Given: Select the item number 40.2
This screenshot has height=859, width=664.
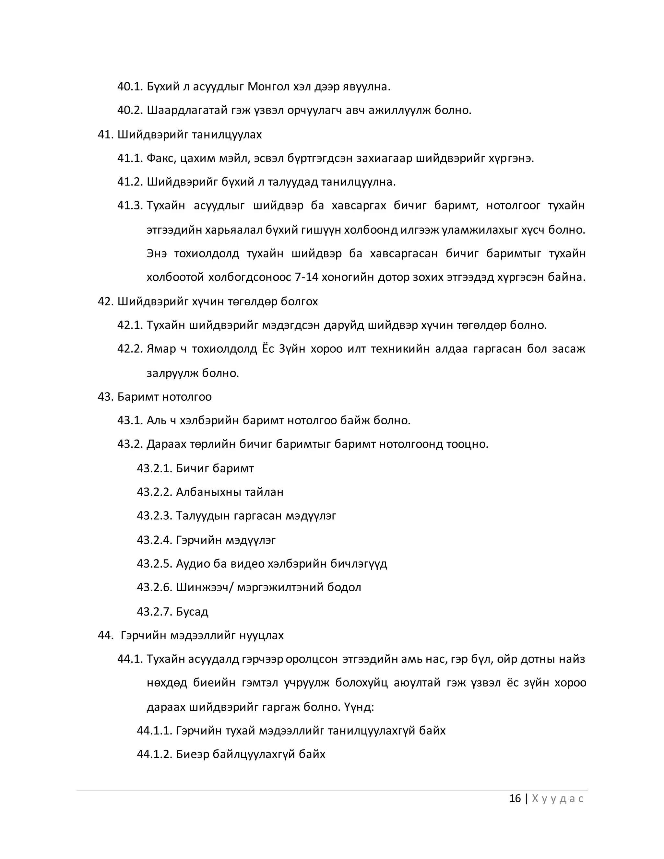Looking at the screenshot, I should [130, 111].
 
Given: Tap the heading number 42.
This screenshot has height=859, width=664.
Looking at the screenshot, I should [105, 302].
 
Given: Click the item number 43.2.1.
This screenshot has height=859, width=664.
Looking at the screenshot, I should [155, 468].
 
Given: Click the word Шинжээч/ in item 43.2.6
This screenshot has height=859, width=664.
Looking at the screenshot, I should [205, 588].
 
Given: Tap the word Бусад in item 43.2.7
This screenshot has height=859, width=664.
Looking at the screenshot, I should [192, 612].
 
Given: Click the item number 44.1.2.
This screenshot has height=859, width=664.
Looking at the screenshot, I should [155, 754].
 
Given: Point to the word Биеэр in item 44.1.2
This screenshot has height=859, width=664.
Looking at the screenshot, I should [192, 754].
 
